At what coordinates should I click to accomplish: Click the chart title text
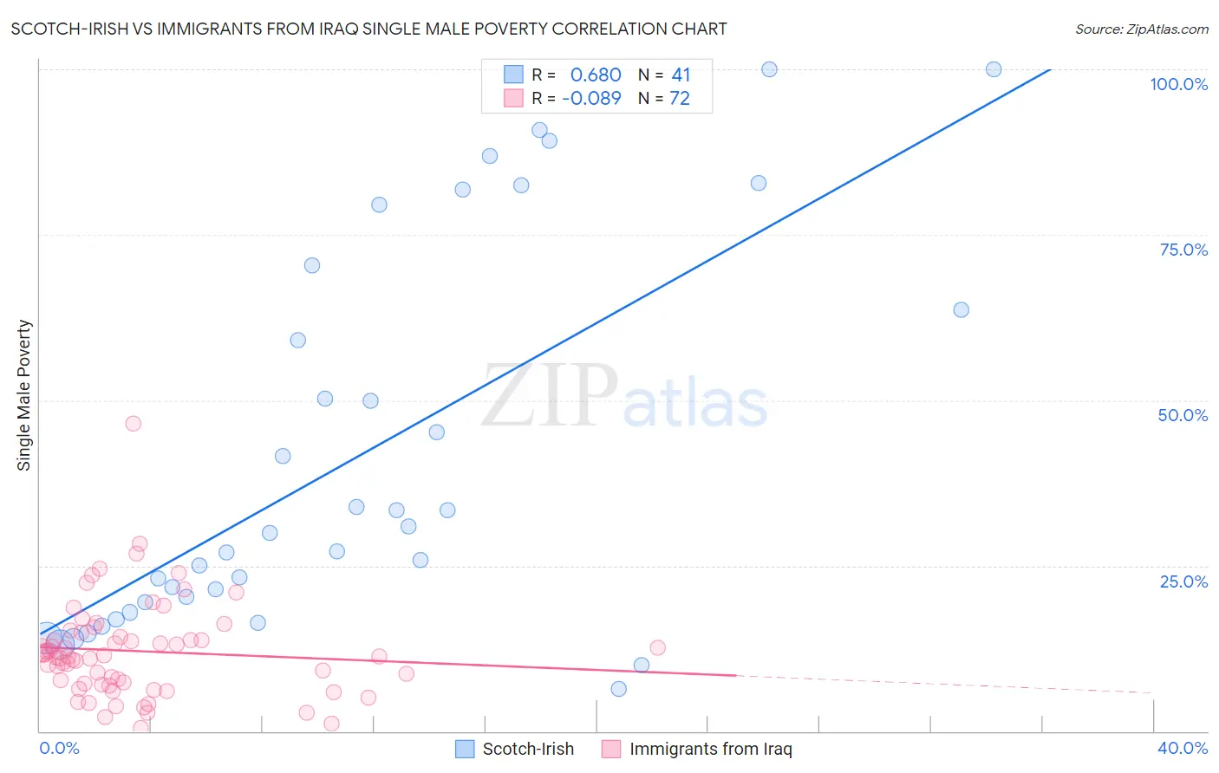[x=368, y=29]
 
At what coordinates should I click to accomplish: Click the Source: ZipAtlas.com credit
[x=1141, y=29]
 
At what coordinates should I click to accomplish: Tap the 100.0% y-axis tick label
[x=1178, y=84]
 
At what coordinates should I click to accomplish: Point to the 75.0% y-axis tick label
[x=1183, y=250]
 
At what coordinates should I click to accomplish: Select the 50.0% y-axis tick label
[x=1183, y=415]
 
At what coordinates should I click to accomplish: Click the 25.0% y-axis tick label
[x=1183, y=581]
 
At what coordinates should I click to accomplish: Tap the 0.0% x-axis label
[x=59, y=748]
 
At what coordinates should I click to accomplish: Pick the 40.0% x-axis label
[x=1182, y=748]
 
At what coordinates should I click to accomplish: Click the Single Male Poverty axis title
[x=24, y=395]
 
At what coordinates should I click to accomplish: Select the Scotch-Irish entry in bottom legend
[x=527, y=749]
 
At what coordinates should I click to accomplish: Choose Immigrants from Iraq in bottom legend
[x=710, y=749]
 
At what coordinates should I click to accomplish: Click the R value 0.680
[x=596, y=75]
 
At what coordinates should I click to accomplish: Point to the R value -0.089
[x=591, y=98]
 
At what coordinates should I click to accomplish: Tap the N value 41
[x=681, y=75]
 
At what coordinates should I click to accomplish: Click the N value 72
[x=680, y=98]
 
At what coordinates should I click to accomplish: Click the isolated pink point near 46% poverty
[x=133, y=424]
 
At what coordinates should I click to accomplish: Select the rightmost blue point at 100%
[x=994, y=69]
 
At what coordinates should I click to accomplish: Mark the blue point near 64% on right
[x=961, y=309]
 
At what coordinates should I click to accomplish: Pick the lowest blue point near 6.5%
[x=618, y=689]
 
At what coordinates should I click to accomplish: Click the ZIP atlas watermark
[x=624, y=397]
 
